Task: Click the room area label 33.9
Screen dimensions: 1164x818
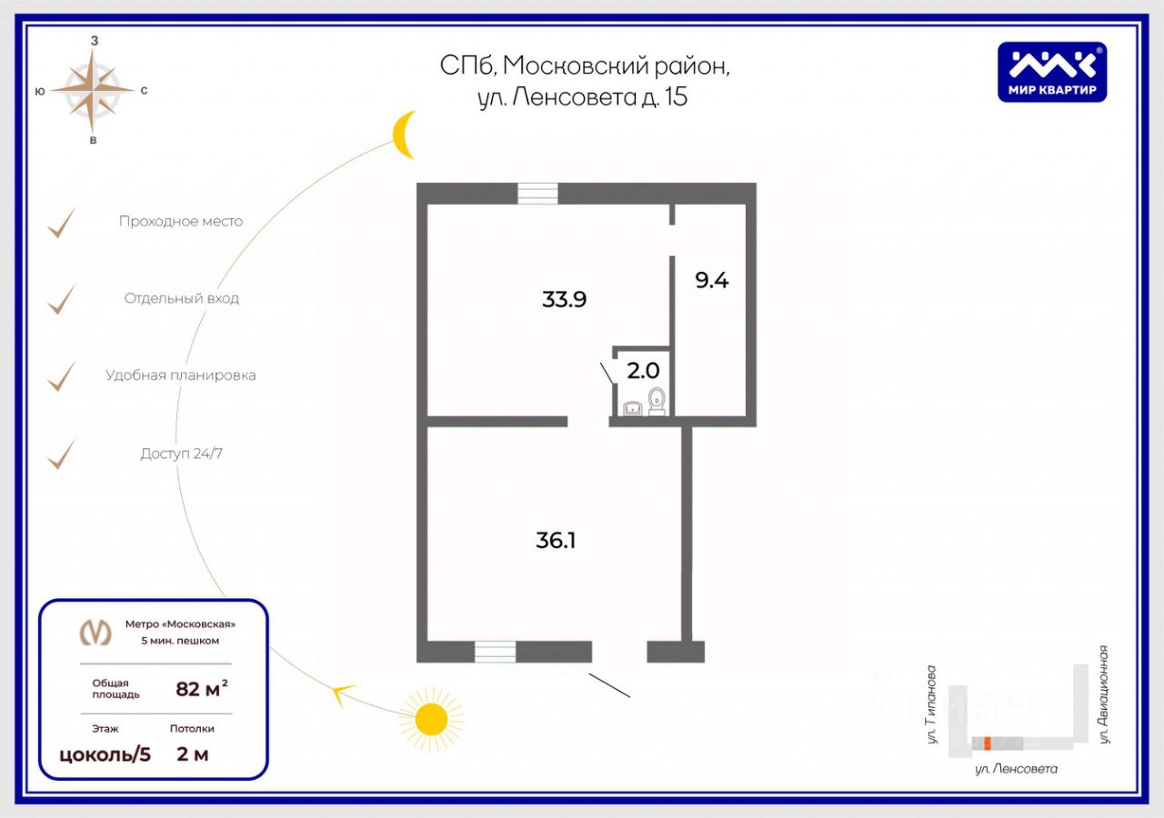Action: tap(564, 299)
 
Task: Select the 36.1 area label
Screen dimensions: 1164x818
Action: tap(557, 541)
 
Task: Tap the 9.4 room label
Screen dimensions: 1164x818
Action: tap(712, 280)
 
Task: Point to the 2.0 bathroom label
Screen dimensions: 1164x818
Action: tap(643, 371)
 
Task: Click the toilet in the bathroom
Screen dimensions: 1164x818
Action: tap(657, 400)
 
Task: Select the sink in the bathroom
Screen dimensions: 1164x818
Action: tap(633, 408)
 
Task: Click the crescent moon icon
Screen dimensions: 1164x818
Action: tap(404, 135)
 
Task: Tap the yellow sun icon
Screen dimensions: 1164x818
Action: tap(431, 720)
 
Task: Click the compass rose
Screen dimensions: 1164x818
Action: tap(94, 90)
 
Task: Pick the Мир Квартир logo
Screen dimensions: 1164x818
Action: tap(1052, 72)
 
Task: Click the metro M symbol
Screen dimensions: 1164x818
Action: tap(96, 632)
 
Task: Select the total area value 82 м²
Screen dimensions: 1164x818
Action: tap(201, 689)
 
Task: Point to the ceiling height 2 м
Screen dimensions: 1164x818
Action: tap(192, 754)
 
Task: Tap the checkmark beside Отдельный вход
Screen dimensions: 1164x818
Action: tap(60, 299)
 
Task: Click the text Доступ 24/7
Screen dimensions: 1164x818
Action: tap(181, 454)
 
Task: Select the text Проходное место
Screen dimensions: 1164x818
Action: tap(181, 222)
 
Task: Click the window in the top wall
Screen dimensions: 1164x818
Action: tap(537, 194)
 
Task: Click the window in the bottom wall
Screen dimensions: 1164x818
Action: tap(495, 652)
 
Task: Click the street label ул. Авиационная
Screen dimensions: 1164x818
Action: tap(1104, 694)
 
